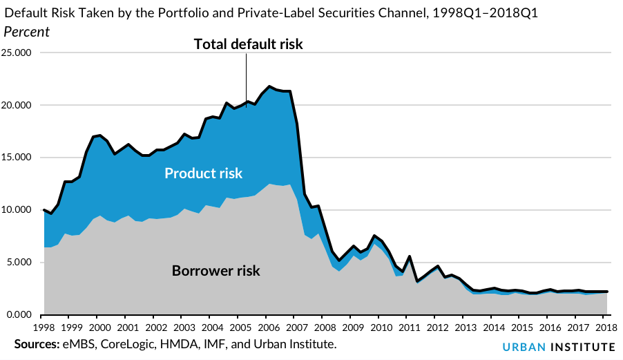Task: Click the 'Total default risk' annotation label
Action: pyautogui.click(x=249, y=44)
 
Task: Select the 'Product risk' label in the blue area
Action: pyautogui.click(x=204, y=173)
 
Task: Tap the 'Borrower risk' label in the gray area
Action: pyautogui.click(x=216, y=270)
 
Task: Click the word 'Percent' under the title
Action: pyautogui.click(x=27, y=32)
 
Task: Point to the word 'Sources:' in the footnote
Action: pyautogui.click(x=35, y=343)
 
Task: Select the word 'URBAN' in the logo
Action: pyautogui.click(x=520, y=345)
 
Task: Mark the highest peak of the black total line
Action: pyautogui.click(x=269, y=86)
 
